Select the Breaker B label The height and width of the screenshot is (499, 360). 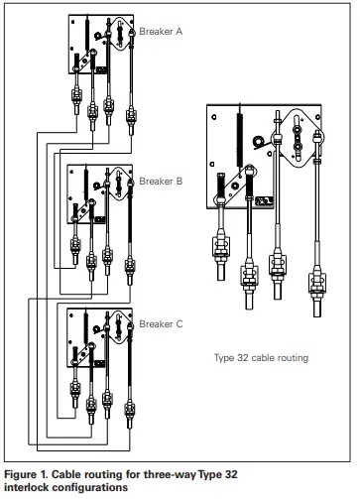[x=161, y=182]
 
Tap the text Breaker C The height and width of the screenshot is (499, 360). [x=161, y=324]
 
